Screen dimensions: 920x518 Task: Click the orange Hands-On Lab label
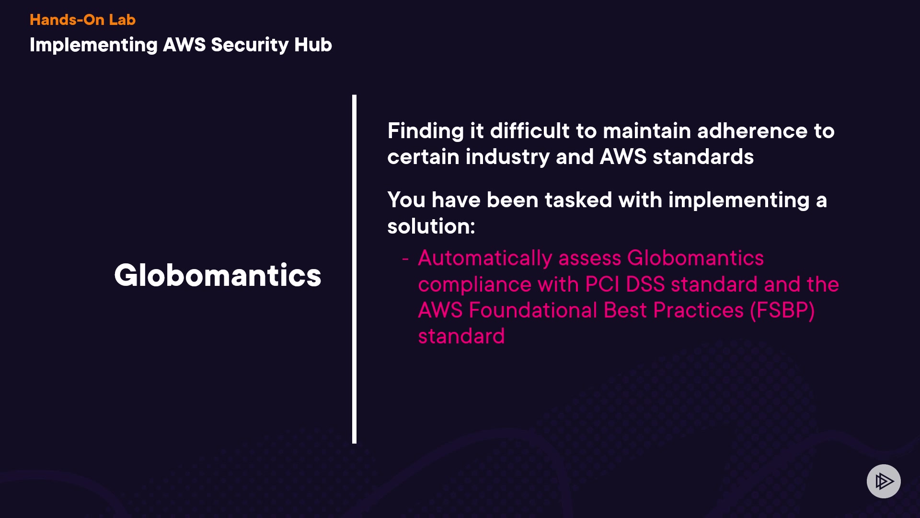pos(82,20)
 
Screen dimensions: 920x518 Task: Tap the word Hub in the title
pos(313,45)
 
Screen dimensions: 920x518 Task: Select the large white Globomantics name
pos(218,275)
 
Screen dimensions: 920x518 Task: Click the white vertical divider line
pos(354,269)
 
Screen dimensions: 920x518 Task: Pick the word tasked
pos(578,200)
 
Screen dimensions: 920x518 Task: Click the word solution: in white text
pos(431,226)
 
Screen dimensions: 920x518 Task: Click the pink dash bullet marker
pos(405,259)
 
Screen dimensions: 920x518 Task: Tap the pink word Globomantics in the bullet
pos(695,258)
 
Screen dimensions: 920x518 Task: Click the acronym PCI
pos(602,284)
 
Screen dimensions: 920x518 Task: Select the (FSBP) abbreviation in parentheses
pos(782,311)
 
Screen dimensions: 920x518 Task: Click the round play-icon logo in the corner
pos(884,481)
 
